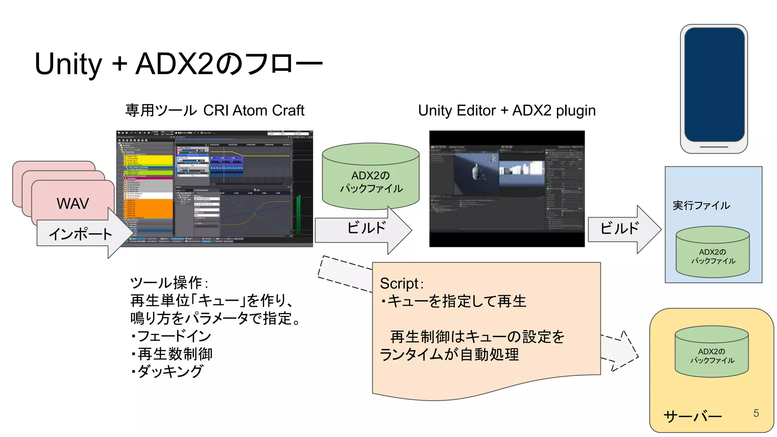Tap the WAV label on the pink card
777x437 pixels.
73,204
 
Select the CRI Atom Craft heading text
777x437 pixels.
253,110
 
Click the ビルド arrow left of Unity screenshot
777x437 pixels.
366,228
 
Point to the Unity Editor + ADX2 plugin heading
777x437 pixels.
507,110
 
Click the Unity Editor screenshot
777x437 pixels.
507,189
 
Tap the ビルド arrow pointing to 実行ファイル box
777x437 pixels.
620,229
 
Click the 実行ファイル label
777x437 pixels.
701,206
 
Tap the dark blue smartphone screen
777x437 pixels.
714,85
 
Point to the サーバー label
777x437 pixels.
693,417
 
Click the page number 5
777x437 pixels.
756,413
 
